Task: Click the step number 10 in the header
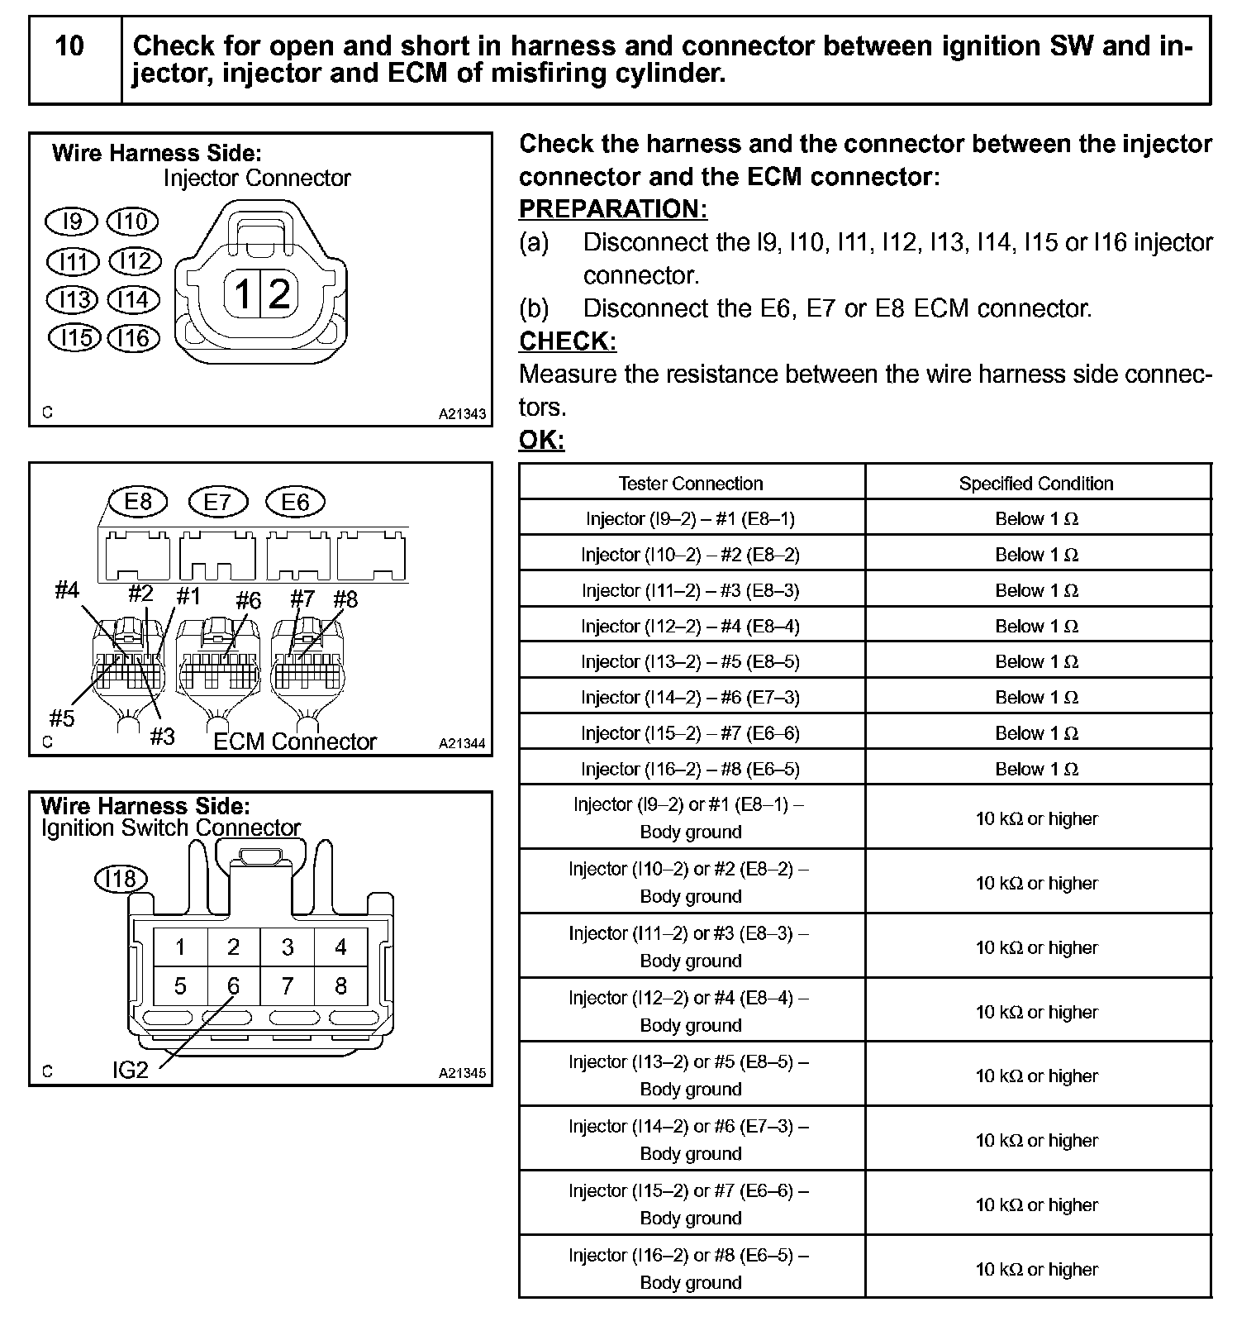[x=69, y=46]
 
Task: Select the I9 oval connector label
[x=73, y=222]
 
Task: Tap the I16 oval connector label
[x=133, y=338]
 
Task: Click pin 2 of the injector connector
[x=280, y=293]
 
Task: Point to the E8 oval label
[x=138, y=502]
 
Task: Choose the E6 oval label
[x=295, y=502]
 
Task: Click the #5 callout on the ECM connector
[x=62, y=718]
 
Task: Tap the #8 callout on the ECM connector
[x=345, y=599]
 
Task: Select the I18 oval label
[x=121, y=878]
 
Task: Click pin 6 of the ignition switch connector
[x=234, y=986]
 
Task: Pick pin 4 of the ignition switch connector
[x=340, y=947]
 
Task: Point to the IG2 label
[x=131, y=1070]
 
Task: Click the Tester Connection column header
[x=691, y=484]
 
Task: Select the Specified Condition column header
[x=1036, y=484]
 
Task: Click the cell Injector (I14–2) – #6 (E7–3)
[x=691, y=698]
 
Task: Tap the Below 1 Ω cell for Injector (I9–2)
[x=1036, y=519]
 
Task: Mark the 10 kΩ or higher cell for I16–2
[x=1036, y=1269]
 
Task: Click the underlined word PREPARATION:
[x=612, y=210]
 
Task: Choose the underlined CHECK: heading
[x=568, y=341]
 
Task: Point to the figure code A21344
[x=462, y=744]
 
